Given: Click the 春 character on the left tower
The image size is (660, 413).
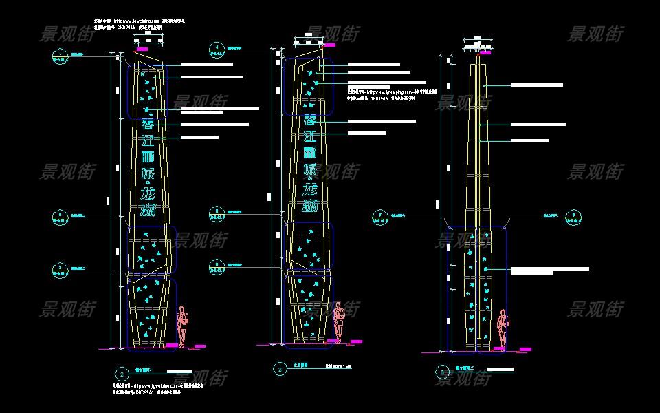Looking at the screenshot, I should (148, 124).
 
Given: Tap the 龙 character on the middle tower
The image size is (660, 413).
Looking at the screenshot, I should (310, 188).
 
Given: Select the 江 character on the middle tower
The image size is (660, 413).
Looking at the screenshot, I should (311, 136).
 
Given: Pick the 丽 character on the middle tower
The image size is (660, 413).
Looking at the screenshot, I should (311, 153).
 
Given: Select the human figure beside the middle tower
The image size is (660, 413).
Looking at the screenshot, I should (338, 321).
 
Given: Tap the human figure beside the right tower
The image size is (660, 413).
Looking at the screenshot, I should (503, 328).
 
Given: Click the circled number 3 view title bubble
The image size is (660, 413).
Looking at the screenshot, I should (441, 372).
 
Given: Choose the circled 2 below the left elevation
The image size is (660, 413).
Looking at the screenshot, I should (121, 374).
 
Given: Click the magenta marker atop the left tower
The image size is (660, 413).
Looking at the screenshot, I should (142, 50).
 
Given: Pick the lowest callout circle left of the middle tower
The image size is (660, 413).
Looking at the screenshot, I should (217, 264).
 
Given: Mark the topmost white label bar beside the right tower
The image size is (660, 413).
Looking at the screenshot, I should (536, 85).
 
